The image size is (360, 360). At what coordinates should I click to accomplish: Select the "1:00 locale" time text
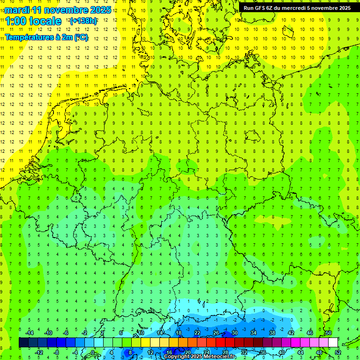[x=33, y=21]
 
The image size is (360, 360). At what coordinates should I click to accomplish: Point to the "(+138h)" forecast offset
[x=83, y=21]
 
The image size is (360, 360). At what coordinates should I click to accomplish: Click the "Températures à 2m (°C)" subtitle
[x=46, y=37]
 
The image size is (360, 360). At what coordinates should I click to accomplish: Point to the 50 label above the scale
[x=328, y=333]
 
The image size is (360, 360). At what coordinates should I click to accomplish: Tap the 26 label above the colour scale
[x=216, y=333]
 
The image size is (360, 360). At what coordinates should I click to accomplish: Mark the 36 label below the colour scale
[x=263, y=352]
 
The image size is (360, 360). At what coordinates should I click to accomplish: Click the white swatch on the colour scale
[x=333, y=343]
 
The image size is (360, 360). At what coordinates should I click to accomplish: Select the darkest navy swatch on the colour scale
[x=23, y=343]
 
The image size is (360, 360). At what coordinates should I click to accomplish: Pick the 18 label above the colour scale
[x=178, y=333]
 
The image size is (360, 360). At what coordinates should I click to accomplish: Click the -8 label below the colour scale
[x=57, y=352]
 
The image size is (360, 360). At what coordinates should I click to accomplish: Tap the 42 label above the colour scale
[x=291, y=333]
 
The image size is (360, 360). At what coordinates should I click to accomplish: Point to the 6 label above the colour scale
[x=121, y=333]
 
